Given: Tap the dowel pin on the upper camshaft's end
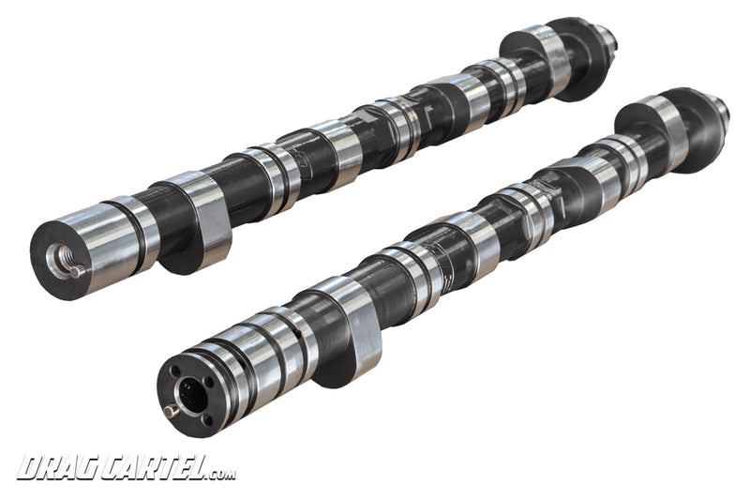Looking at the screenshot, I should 78,271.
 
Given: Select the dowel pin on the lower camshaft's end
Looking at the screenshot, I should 172,410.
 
